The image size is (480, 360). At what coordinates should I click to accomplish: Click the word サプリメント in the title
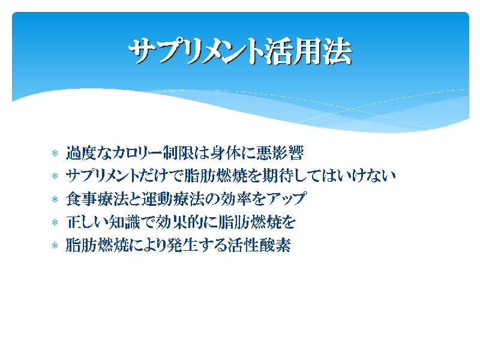pyautogui.click(x=196, y=51)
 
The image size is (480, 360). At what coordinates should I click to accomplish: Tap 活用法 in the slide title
pyautogui.click(x=308, y=51)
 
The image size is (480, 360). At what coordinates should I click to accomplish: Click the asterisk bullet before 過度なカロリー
pyautogui.click(x=55, y=153)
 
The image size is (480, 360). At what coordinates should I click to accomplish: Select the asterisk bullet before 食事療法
pyautogui.click(x=55, y=200)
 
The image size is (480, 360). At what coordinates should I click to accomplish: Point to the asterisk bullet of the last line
pyautogui.click(x=55, y=245)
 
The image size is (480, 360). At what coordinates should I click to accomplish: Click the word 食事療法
pyautogui.click(x=97, y=199)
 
